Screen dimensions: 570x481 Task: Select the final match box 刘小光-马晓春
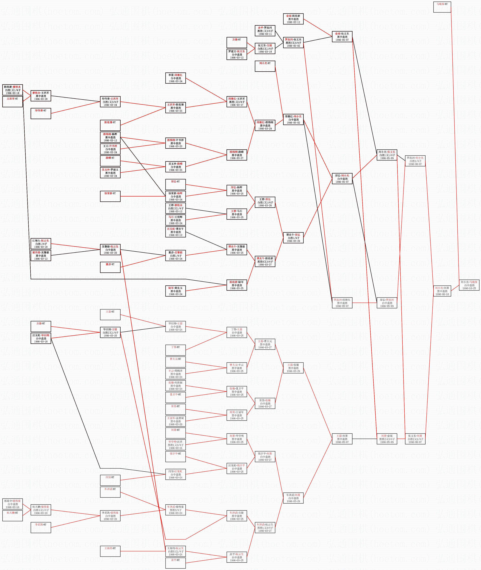[469, 285]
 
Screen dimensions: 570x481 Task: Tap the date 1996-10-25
[469, 288]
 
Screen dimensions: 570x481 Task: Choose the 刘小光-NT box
[265, 66]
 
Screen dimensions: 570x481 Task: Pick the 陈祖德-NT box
[110, 126]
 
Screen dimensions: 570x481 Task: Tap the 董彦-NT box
[110, 267]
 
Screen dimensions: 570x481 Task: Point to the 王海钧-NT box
[110, 551]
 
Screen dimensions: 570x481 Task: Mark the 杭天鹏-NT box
[13, 516]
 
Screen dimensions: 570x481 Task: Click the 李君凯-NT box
[41, 527]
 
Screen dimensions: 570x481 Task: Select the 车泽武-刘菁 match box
[293, 498]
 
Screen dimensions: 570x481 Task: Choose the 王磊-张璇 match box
[293, 368]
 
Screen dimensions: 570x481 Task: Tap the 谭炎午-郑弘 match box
[293, 238]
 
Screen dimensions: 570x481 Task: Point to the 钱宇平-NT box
[176, 457]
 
